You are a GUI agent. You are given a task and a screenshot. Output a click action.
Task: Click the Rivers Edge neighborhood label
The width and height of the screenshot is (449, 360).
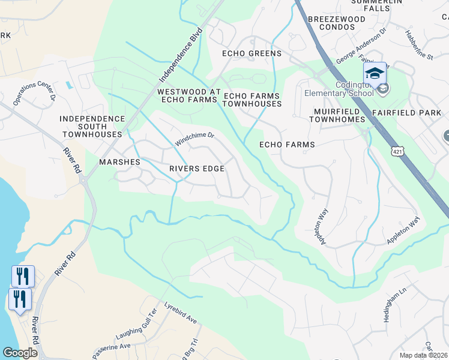click(x=197, y=169)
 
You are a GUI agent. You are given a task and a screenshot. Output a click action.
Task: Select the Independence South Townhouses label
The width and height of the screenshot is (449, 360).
click(x=92, y=127)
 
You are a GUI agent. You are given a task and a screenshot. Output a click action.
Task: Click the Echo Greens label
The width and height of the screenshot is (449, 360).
click(x=252, y=54)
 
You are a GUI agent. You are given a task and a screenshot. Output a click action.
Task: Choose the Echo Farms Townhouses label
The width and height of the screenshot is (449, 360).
click(x=252, y=100)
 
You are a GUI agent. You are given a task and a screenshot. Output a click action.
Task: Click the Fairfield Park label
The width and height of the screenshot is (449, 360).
click(x=415, y=112)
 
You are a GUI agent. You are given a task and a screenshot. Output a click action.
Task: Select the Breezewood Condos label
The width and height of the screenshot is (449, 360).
click(x=336, y=23)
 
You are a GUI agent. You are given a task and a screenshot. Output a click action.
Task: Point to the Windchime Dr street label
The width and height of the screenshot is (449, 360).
click(x=194, y=139)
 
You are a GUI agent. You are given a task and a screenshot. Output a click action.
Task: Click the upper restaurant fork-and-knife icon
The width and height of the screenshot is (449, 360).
click(x=23, y=276)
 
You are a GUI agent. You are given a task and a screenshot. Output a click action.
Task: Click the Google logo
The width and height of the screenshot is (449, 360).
click(x=20, y=353)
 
